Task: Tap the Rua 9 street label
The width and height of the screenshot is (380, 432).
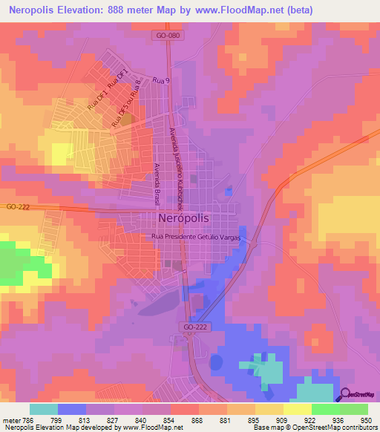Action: [x=161, y=80]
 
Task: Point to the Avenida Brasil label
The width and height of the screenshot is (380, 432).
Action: [x=157, y=185]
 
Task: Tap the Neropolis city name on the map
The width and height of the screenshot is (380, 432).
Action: [x=183, y=217]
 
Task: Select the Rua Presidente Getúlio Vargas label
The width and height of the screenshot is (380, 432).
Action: [x=197, y=236]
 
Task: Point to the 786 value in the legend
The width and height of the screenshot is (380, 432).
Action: [x=27, y=419]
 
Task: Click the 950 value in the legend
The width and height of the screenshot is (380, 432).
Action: [x=365, y=419]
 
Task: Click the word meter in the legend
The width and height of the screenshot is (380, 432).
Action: [x=10, y=419]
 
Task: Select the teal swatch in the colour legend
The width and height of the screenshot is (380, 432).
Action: [x=44, y=409]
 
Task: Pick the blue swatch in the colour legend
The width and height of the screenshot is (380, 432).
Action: [x=72, y=409]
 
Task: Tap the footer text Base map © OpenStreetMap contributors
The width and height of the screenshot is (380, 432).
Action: [x=314, y=428]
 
